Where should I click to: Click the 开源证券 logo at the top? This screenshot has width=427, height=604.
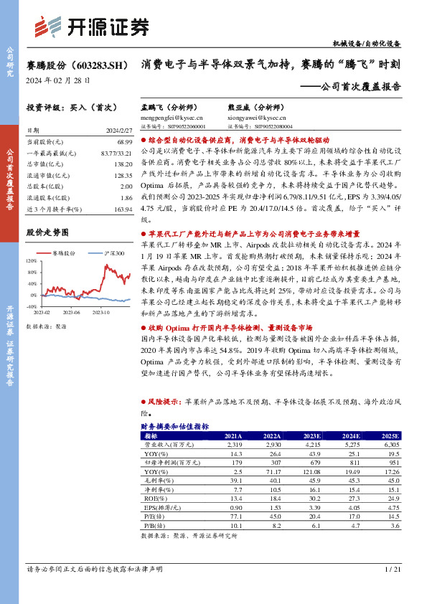(92, 27)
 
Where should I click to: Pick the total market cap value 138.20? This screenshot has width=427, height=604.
(122, 165)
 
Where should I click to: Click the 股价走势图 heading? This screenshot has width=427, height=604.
(47, 232)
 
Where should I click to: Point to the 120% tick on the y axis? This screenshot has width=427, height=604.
(32, 261)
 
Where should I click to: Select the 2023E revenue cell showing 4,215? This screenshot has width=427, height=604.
(311, 445)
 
